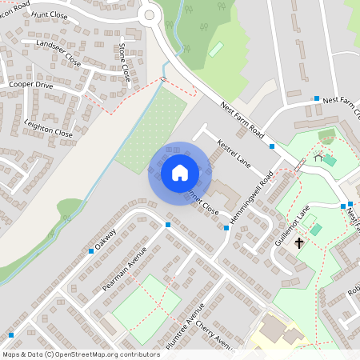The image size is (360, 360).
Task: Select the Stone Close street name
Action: [x=124, y=63]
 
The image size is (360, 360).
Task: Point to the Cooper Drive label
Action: [x=31, y=84]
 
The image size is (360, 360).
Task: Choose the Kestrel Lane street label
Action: [x=234, y=154]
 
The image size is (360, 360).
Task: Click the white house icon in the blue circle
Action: [x=179, y=173]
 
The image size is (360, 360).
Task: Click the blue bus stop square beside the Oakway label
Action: [x=91, y=251]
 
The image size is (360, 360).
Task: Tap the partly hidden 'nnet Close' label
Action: [x=203, y=202]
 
